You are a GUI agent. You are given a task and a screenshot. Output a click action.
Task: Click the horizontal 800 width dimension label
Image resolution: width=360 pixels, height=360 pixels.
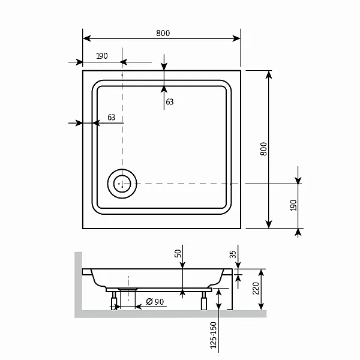[163, 33]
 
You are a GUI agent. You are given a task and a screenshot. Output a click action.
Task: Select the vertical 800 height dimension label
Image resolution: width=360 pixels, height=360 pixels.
[264, 149]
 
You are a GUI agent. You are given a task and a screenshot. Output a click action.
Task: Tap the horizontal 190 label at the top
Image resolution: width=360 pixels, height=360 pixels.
[102, 56]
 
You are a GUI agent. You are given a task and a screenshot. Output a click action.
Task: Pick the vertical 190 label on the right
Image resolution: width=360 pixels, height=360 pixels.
[293, 205]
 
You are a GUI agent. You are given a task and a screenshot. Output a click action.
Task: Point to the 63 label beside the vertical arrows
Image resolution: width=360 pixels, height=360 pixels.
[170, 102]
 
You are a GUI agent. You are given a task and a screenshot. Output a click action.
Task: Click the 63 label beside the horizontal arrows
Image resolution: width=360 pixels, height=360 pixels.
[112, 118]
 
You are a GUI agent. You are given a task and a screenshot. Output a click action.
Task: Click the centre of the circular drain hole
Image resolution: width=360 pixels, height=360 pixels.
[122, 184]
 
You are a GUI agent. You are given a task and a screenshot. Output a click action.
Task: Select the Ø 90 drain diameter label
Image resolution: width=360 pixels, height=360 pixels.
[155, 301]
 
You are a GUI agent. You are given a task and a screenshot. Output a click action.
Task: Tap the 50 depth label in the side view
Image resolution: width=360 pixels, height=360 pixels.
[178, 253]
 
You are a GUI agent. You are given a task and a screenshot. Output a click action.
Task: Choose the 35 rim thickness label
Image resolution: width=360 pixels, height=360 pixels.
[233, 254]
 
